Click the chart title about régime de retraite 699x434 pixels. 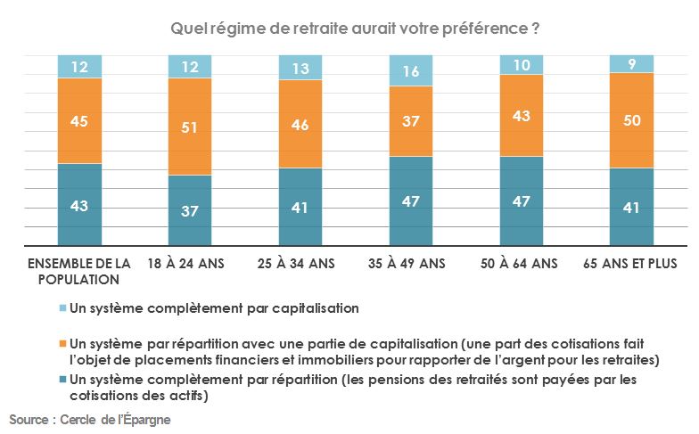pos(354,29)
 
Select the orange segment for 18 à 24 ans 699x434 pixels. pos(190,126)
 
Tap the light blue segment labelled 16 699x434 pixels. pos(411,70)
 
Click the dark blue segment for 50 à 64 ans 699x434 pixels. pos(522,201)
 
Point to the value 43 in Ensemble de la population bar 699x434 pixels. pos(79,206)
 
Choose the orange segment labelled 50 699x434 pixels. pos(631,120)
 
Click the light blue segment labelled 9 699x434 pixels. pos(631,63)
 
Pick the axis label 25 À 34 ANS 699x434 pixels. pos(300,264)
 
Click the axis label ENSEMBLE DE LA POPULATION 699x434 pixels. pos(79,271)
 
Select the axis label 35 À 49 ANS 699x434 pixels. pos(411,264)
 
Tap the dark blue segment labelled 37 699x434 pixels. pos(190,210)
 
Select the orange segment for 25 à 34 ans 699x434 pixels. pos(300,125)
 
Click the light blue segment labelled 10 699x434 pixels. pos(522,65)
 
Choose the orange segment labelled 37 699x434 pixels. pos(411,121)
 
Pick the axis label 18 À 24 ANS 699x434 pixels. pos(190,264)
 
